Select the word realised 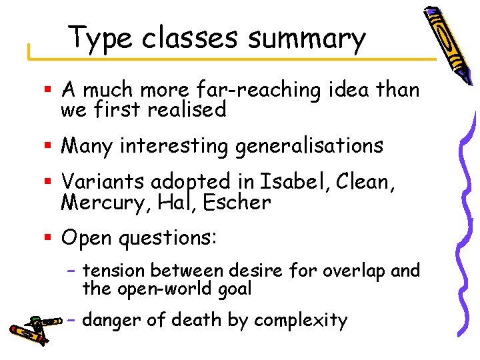(x=186, y=109)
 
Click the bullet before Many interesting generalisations (x=47, y=146)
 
